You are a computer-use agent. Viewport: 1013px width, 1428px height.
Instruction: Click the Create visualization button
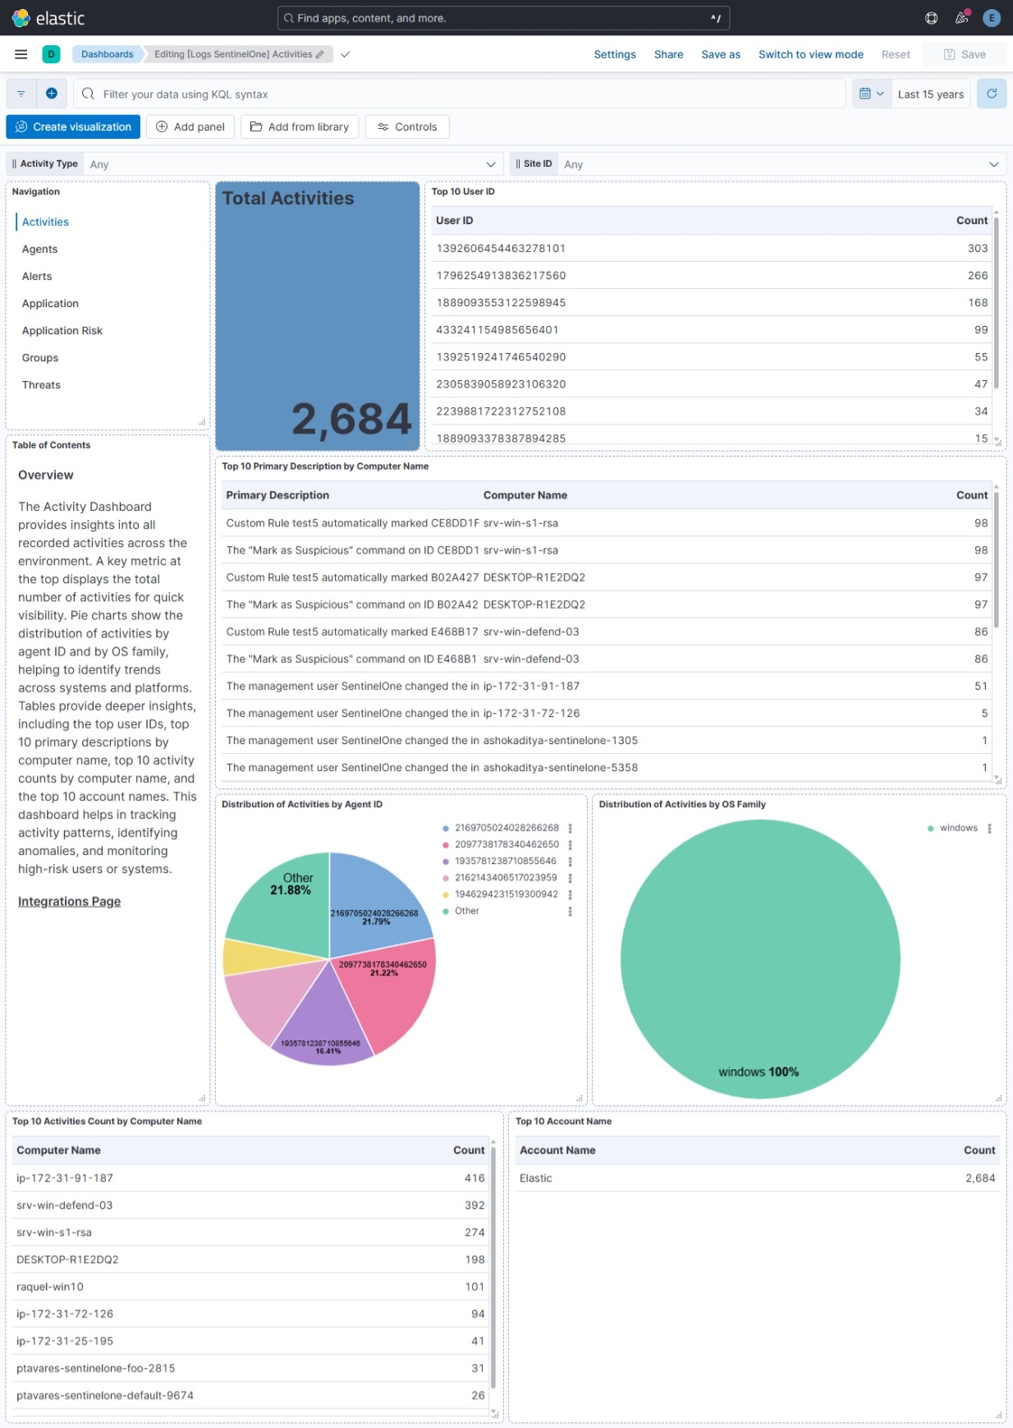pos(73,126)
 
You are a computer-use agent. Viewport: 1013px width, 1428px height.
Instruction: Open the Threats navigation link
pos(41,385)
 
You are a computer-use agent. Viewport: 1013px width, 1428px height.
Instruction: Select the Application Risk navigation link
pos(62,331)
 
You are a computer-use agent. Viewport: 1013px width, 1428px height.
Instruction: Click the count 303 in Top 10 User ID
pos(977,248)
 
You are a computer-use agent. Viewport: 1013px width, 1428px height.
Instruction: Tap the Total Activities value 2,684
pos(351,419)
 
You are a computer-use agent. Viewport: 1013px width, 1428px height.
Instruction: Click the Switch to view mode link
pos(810,54)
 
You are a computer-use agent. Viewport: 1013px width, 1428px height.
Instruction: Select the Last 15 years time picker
pos(930,94)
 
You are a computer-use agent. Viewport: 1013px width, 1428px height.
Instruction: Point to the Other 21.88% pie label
pos(292,884)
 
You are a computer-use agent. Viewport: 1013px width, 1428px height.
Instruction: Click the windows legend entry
pos(958,828)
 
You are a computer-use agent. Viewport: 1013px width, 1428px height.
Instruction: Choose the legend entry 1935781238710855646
pos(505,861)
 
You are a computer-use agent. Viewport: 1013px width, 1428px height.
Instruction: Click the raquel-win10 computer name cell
pos(50,1287)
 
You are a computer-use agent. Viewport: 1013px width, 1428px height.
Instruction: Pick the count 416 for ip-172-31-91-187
pos(474,1178)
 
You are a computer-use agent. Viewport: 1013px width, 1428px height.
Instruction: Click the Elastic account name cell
pos(536,1178)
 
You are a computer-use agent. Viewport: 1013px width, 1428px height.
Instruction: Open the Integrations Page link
pos(69,902)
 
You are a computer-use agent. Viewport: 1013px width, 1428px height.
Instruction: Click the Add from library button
pos(300,126)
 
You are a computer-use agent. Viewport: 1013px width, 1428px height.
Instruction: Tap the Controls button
pos(407,126)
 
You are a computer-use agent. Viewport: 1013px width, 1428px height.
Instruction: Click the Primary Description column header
pos(277,495)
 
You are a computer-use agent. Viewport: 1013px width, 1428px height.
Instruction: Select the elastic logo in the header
pos(48,18)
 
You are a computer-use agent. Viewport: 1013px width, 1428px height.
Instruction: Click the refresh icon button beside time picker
pos(992,94)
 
